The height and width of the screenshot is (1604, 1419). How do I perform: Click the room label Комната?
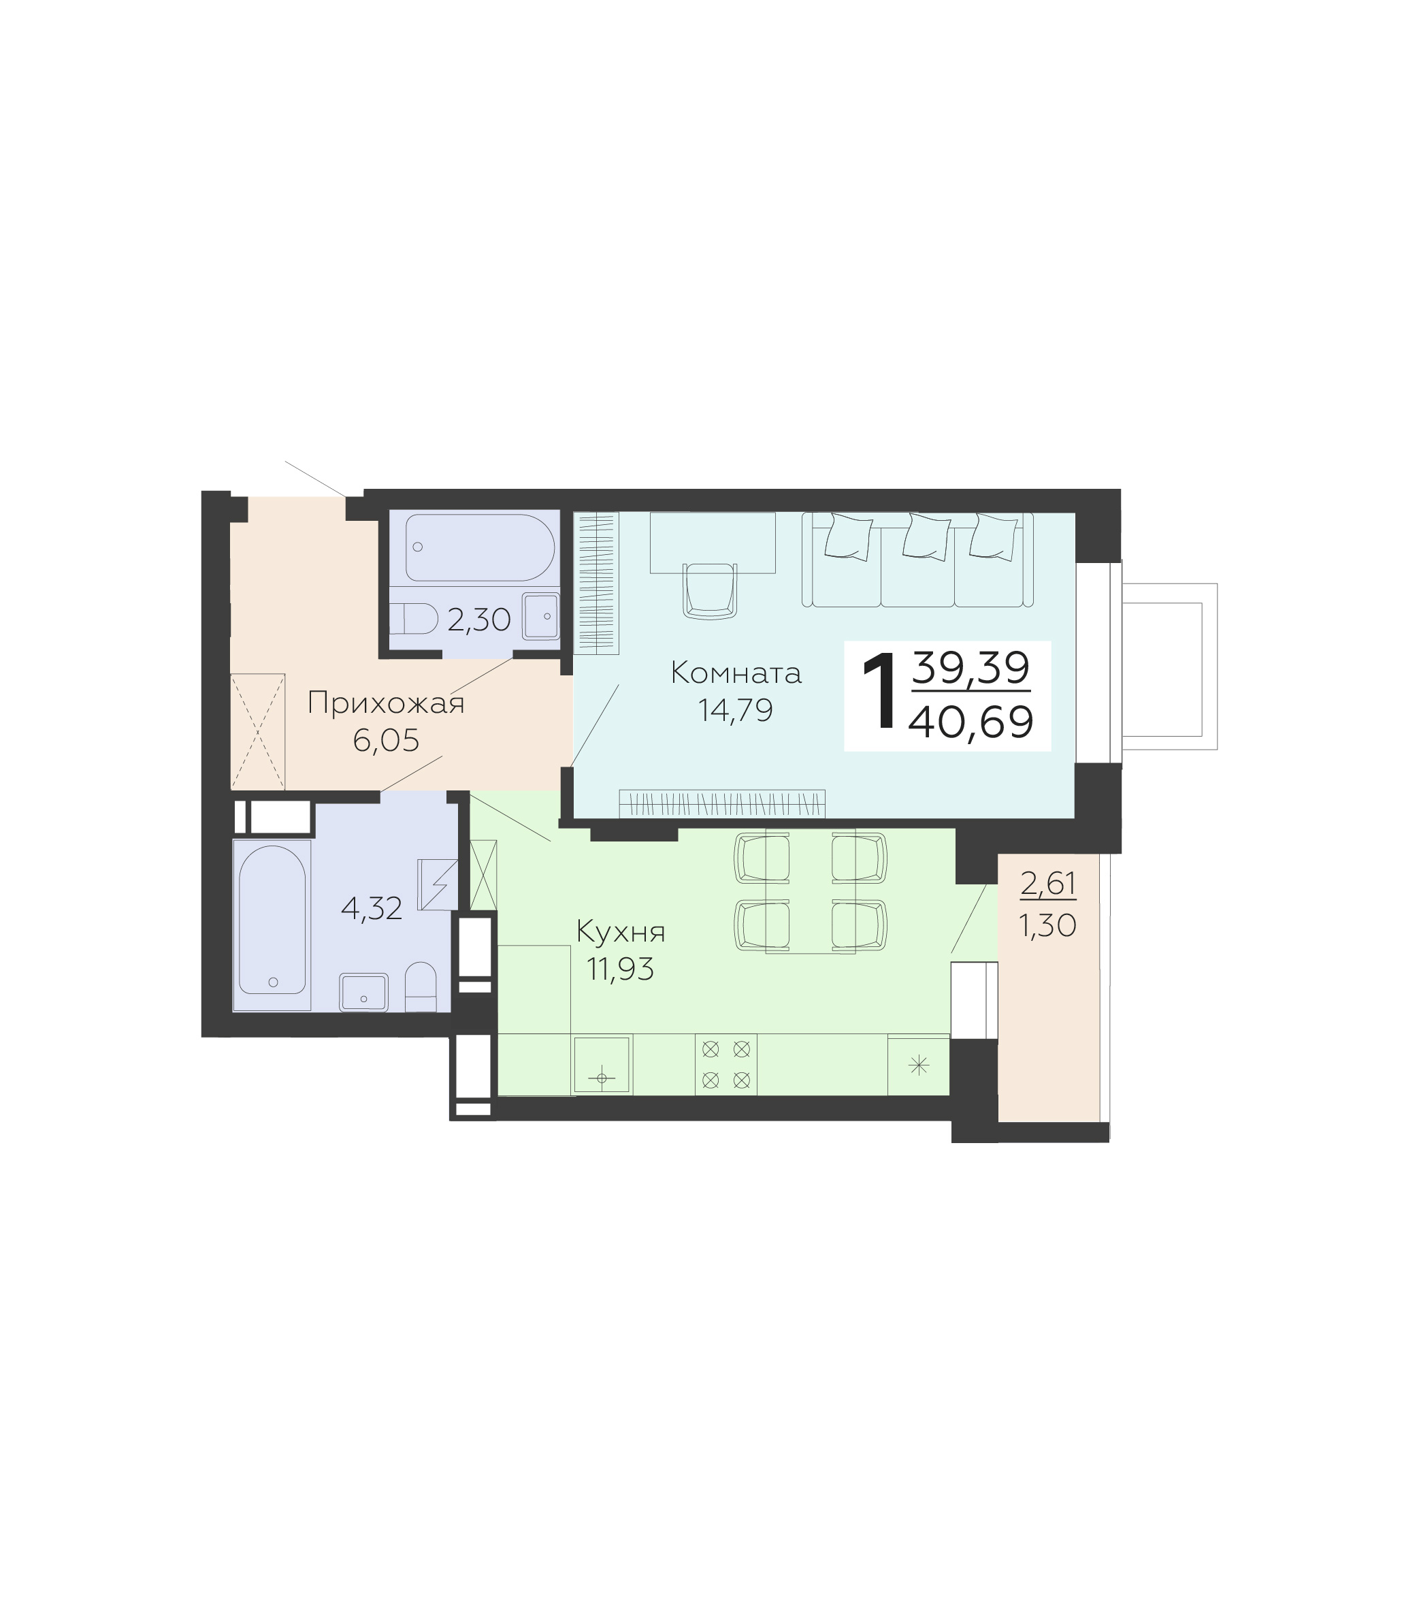coord(736,673)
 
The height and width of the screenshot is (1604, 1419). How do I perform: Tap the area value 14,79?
coord(736,710)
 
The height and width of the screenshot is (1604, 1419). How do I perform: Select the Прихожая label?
coord(386,704)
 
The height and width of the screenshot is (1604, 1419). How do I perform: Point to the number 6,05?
coord(386,740)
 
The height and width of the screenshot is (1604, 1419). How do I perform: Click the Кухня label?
coord(621,932)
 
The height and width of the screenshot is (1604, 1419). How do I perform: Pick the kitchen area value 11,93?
coord(621,970)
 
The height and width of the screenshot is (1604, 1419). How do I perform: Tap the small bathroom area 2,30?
coord(479,620)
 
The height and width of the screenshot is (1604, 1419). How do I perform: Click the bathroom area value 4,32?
coord(372,909)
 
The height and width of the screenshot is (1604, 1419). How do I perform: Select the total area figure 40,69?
coord(971,722)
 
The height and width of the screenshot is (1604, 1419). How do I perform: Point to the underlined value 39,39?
coord(971,669)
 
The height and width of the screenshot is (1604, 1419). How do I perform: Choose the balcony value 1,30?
coord(1048,926)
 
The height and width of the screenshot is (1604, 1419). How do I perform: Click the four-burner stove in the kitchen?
coord(725,1064)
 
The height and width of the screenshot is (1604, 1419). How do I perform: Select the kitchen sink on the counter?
coord(602,1064)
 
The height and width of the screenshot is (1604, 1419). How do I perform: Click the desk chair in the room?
coord(711,590)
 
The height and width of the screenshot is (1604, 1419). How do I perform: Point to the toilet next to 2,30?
coord(414,619)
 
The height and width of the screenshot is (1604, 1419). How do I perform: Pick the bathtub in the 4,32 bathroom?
coord(272,920)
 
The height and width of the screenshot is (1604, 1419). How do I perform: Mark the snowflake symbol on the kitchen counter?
coord(919,1065)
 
